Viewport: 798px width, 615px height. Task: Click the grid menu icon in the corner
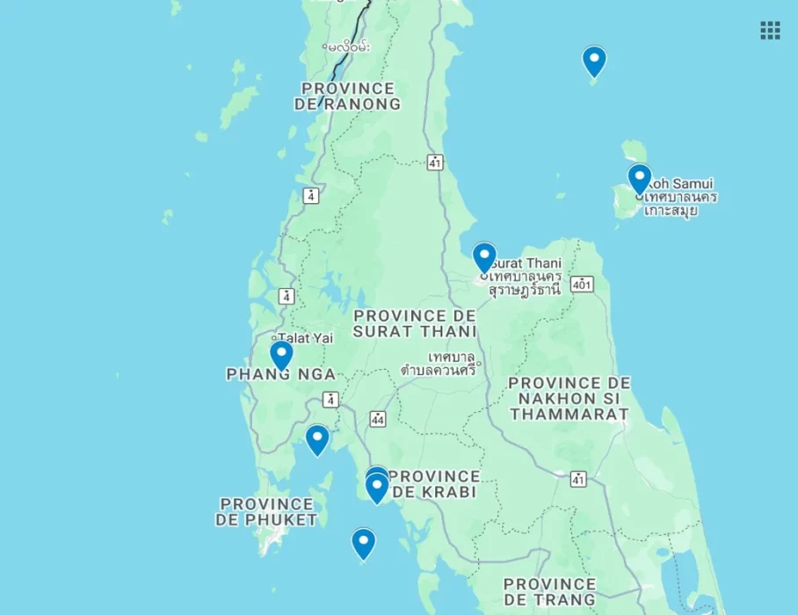pyautogui.click(x=770, y=31)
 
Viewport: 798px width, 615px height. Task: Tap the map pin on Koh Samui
pyautogui.click(x=639, y=178)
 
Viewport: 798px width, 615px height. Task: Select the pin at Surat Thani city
pyautogui.click(x=484, y=257)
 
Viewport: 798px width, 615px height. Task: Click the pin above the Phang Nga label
pyautogui.click(x=281, y=354)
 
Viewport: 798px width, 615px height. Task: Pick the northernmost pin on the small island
pyautogui.click(x=594, y=61)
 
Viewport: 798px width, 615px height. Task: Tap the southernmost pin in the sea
pyautogui.click(x=363, y=543)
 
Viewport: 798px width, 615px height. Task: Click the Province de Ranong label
pyautogui.click(x=348, y=97)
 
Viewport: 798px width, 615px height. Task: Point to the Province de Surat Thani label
pyautogui.click(x=415, y=323)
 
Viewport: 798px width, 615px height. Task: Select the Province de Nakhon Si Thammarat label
pyautogui.click(x=569, y=398)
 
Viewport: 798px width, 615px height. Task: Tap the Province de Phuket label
pyautogui.click(x=266, y=511)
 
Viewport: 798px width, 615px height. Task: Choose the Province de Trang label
pyautogui.click(x=549, y=591)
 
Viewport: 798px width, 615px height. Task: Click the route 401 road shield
pyautogui.click(x=582, y=284)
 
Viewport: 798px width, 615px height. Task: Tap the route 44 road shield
pyautogui.click(x=379, y=419)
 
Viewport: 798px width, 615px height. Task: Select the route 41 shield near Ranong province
pyautogui.click(x=436, y=162)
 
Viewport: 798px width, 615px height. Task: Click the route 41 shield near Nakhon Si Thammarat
pyautogui.click(x=578, y=479)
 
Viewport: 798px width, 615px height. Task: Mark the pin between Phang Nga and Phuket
pyautogui.click(x=317, y=439)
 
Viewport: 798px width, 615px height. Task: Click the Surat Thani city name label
pyautogui.click(x=526, y=263)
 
